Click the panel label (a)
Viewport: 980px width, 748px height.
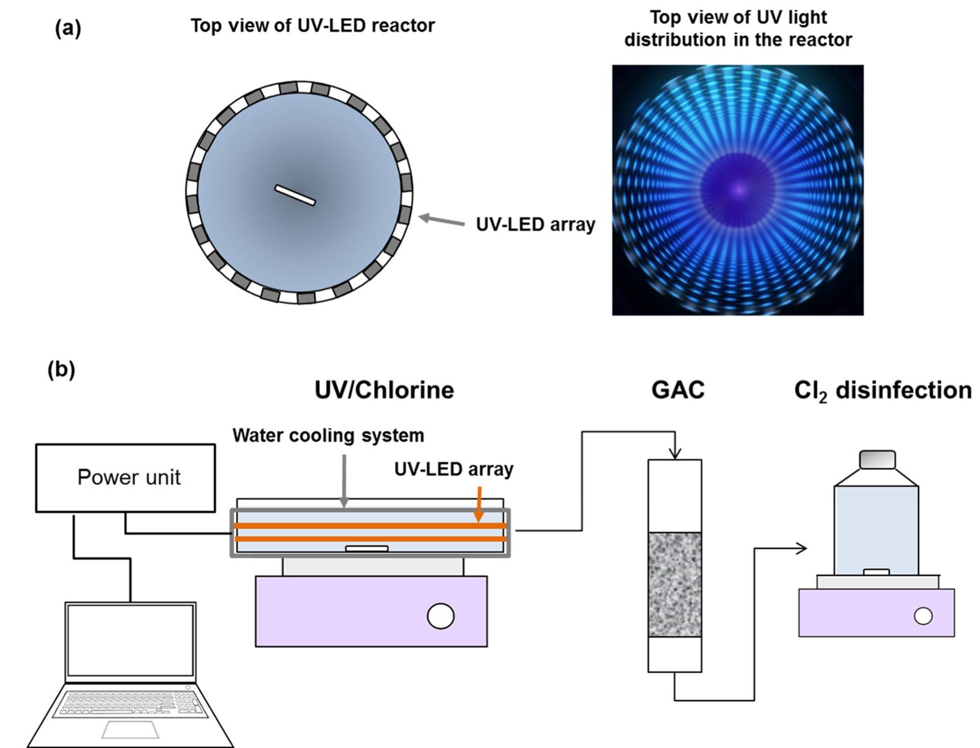click(68, 28)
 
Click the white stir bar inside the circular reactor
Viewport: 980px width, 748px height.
click(295, 195)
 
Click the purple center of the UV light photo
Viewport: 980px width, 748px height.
click(738, 190)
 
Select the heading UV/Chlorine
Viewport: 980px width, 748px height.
click(384, 390)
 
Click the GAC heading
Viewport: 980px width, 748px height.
click(678, 390)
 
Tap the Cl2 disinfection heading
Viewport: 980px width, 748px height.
click(882, 391)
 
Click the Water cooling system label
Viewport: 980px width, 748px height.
click(328, 435)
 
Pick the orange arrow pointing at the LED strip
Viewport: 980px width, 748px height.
click(479, 503)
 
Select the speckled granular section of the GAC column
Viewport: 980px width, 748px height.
click(674, 584)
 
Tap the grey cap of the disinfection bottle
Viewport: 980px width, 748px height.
click(877, 459)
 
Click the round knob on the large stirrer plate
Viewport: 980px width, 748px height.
click(440, 616)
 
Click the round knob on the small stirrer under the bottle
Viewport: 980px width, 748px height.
click(922, 616)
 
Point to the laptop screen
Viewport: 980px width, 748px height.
click(130, 640)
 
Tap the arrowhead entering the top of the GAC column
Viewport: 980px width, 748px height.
click(675, 454)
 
